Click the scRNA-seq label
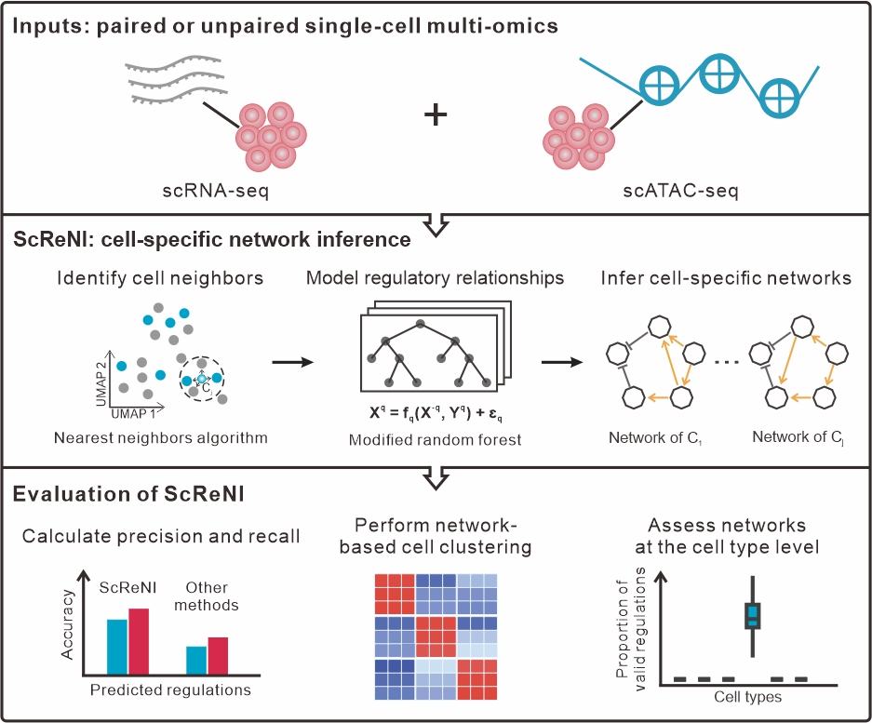tap(215, 191)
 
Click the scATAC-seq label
tap(680, 191)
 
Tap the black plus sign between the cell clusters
tap(436, 114)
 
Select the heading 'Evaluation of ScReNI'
tap(128, 494)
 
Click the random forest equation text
tap(436, 413)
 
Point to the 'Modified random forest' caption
tap(435, 440)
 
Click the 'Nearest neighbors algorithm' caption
tap(161, 438)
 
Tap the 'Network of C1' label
tap(655, 438)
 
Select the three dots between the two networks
tap(727, 363)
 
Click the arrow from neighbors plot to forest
tap(293, 363)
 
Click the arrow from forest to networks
tap(562, 363)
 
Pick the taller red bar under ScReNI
tap(139, 641)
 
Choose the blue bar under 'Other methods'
tap(196, 661)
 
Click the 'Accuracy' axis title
tap(67, 624)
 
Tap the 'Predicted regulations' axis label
tap(170, 690)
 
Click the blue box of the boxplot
tap(753, 616)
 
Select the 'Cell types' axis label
tap(748, 697)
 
